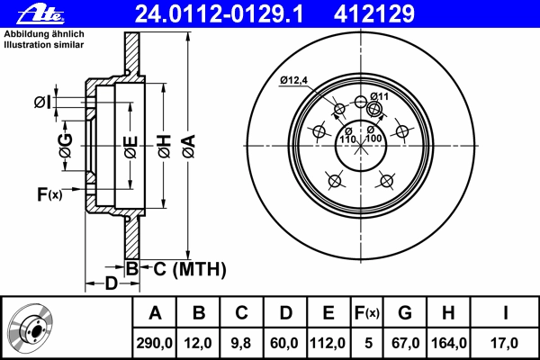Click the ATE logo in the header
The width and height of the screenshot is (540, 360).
(40, 14)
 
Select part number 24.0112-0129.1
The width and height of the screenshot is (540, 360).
(220, 14)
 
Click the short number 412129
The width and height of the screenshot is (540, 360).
(374, 14)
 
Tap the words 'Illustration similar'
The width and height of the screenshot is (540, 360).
(44, 45)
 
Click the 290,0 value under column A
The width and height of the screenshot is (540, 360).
(154, 343)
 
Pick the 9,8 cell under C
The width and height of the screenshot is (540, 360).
(241, 343)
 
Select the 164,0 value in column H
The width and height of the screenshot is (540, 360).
(449, 343)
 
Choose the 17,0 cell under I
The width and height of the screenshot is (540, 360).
(504, 343)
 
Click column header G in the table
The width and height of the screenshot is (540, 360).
(405, 313)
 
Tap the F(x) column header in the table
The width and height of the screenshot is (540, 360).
(367, 313)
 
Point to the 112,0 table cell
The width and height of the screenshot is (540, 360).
(328, 343)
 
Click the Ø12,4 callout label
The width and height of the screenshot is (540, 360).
(293, 81)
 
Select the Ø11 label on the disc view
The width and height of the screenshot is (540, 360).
(379, 96)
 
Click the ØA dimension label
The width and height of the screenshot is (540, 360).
(189, 147)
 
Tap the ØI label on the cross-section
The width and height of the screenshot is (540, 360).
(42, 103)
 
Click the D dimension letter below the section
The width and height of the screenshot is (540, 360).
(111, 283)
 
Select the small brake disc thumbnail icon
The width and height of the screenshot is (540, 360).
(31, 328)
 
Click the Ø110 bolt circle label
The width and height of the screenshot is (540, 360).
(347, 136)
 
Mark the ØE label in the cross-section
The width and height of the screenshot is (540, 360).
(131, 148)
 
